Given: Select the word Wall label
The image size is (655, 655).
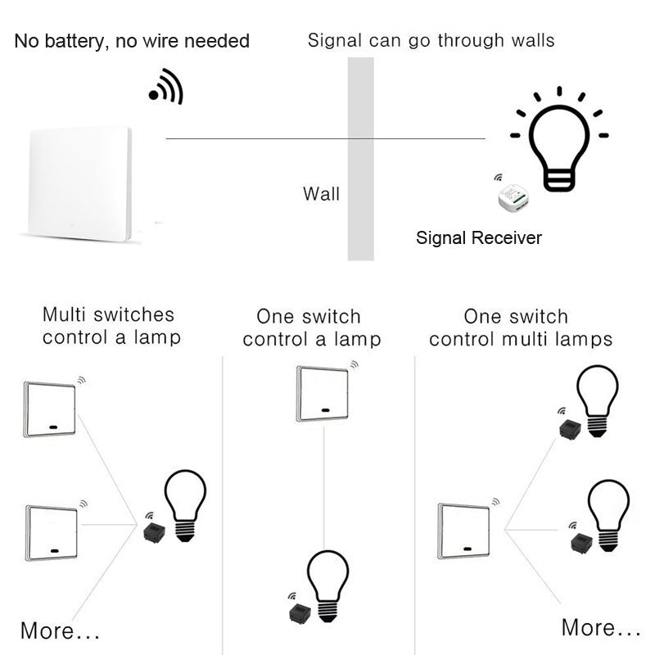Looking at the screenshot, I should pos(321,194).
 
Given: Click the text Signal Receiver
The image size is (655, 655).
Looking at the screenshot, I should pos(479,238).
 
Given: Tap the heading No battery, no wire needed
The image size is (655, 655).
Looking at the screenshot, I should pos(132,41).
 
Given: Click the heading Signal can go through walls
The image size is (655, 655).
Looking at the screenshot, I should pos(431,40).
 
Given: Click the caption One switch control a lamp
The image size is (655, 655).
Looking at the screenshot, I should pos(311,327).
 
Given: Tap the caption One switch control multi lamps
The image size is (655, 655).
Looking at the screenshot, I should pos(520,327).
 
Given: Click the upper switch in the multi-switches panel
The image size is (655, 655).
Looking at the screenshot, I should pos(51,409).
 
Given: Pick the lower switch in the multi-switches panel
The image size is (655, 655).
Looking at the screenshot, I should pos(52,532).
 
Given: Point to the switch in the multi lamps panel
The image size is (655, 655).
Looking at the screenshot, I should pos(463,531).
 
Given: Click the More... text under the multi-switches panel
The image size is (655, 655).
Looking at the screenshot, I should pos(60,631).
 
